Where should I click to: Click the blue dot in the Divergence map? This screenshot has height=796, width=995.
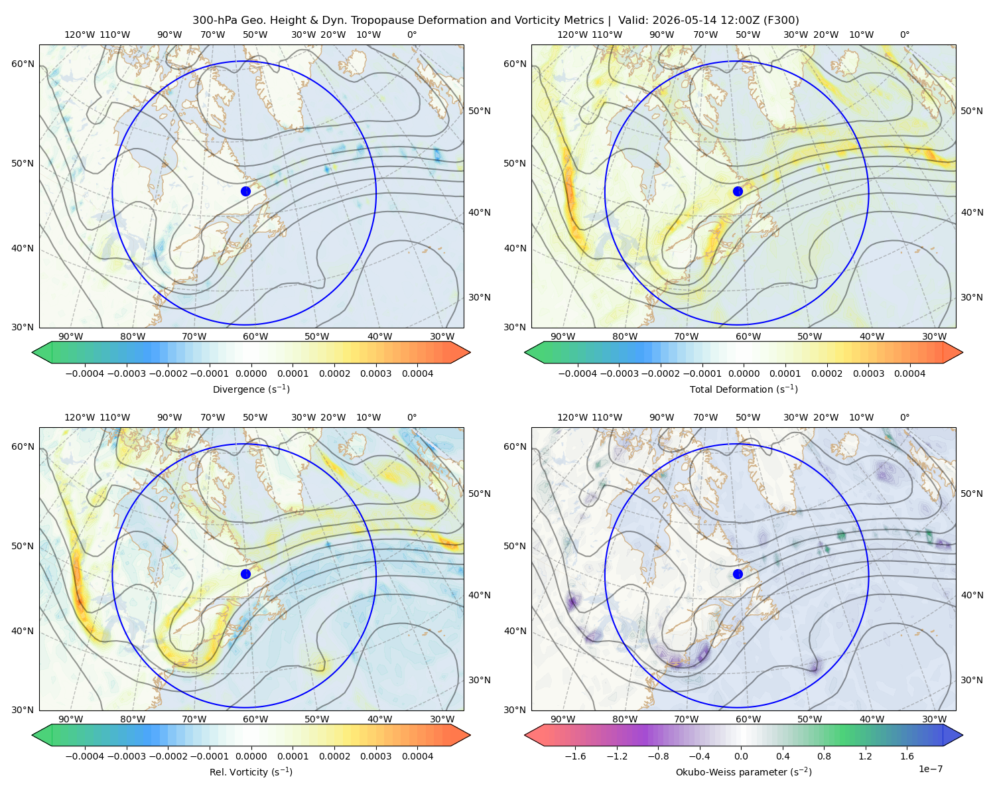(x=245, y=192)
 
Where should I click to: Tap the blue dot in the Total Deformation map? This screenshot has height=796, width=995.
(x=738, y=192)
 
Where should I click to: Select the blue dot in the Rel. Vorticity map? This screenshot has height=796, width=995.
(x=245, y=574)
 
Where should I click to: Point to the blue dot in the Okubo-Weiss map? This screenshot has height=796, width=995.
(x=738, y=574)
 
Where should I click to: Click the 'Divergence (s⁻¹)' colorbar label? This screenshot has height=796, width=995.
(x=251, y=389)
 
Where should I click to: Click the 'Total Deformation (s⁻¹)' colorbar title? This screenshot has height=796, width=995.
(x=744, y=389)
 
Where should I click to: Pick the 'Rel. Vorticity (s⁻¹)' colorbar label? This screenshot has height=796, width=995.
(x=251, y=772)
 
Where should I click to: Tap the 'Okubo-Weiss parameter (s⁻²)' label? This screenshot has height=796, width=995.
(x=744, y=772)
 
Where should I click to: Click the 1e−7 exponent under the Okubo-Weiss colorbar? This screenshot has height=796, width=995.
(x=930, y=769)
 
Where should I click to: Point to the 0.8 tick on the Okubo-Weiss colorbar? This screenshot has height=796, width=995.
(x=824, y=756)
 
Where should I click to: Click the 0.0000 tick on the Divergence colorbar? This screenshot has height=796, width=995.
(x=251, y=373)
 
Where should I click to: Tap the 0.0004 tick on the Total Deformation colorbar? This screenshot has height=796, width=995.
(x=909, y=373)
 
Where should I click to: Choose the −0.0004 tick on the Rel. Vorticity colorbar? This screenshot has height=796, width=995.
(x=85, y=756)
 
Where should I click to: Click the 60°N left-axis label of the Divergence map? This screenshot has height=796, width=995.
(x=23, y=64)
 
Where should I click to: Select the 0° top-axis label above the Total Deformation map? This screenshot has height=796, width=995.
(x=905, y=34)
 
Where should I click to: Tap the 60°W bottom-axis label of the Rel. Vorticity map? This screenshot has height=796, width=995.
(x=255, y=719)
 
